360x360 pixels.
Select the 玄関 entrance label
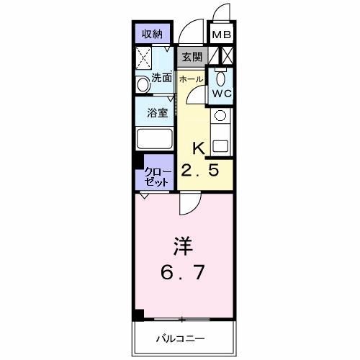click(x=191, y=57)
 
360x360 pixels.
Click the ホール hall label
click(x=191, y=78)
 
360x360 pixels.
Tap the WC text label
click(x=220, y=93)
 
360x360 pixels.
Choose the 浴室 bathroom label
click(x=158, y=112)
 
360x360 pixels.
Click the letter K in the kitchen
click(x=199, y=148)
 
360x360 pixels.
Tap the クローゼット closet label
click(x=157, y=176)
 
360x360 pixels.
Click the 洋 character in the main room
click(x=181, y=246)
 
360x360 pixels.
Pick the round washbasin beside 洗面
click(x=142, y=84)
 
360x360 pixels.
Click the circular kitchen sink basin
click(x=220, y=115)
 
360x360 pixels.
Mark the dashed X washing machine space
click(x=143, y=57)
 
